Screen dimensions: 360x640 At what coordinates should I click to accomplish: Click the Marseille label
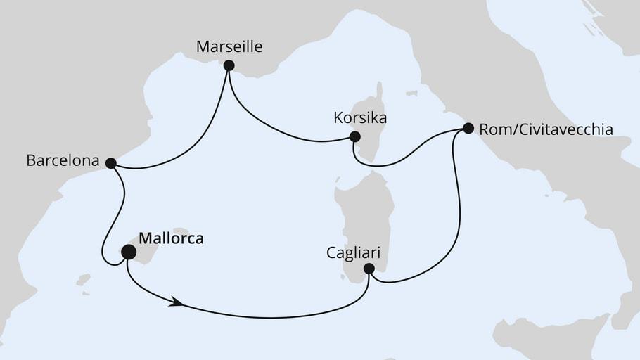[229, 47]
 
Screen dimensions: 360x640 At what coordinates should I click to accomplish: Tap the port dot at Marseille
[229, 65]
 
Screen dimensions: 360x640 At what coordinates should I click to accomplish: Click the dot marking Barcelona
[110, 162]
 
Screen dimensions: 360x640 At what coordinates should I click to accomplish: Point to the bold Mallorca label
[171, 238]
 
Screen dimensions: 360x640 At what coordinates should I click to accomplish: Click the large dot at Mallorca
[129, 252]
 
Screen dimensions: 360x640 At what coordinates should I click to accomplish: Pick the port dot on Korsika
[355, 136]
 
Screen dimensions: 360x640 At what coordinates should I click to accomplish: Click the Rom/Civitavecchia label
[546, 129]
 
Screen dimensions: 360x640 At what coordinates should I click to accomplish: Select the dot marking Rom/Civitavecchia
[468, 128]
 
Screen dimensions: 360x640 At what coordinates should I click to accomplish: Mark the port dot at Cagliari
[369, 268]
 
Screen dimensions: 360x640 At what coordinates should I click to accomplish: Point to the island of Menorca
[181, 231]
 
